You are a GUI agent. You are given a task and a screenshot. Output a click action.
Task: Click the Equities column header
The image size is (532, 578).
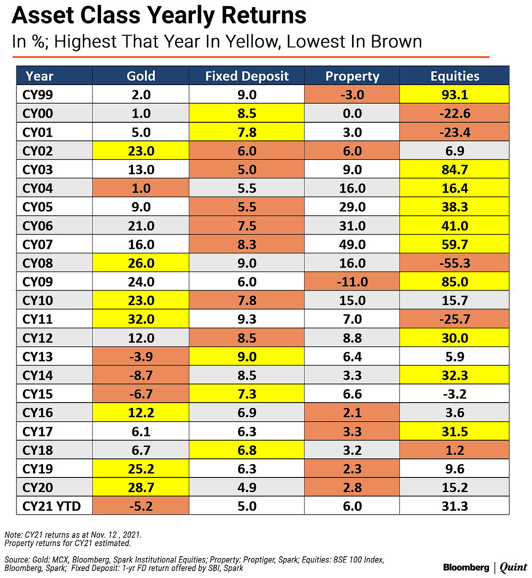point(454,76)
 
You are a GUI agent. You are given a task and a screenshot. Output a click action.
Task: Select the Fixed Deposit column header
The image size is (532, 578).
point(246,76)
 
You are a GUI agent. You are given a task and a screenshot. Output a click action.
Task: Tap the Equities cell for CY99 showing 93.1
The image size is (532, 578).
point(454,95)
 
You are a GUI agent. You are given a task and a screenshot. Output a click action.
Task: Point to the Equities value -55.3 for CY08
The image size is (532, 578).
point(454,263)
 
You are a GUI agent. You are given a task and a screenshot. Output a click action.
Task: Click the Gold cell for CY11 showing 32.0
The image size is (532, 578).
point(141,319)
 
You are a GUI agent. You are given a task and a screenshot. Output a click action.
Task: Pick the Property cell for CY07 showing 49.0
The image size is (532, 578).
point(352,244)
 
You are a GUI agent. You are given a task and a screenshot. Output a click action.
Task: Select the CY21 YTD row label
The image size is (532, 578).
point(51,506)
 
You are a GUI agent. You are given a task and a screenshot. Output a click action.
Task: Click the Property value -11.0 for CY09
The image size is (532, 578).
point(352,282)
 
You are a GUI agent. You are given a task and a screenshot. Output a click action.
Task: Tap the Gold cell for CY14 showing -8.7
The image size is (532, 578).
point(141,376)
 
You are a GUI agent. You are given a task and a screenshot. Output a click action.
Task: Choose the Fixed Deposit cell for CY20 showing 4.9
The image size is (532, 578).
point(246,488)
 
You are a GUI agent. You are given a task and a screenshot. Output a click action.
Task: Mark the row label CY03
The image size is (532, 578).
point(38,170)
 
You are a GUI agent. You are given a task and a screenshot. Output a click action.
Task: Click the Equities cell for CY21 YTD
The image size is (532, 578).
point(454,506)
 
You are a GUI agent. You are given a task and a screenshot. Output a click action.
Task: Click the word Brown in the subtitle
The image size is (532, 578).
point(396,42)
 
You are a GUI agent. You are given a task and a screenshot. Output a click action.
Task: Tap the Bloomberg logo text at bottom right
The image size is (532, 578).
point(466,567)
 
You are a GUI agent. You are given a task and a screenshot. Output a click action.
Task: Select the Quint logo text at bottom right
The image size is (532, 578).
point(513,567)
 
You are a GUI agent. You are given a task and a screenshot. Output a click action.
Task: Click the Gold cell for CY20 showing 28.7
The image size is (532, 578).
point(141,488)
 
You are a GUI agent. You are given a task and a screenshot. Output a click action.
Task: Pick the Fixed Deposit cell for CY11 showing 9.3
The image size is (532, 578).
point(246,319)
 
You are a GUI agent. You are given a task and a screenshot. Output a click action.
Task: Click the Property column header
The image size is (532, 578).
point(352,76)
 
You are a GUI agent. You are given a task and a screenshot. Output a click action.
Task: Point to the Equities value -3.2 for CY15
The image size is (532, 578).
point(454,394)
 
